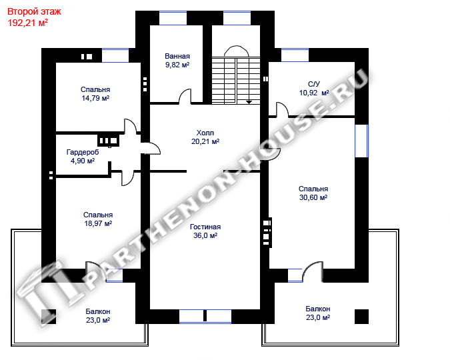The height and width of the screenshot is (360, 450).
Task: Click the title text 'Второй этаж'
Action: pos(34,12)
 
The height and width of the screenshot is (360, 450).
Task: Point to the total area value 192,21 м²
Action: pos(27,23)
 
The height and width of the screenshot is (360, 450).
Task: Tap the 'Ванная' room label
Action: pos(177,56)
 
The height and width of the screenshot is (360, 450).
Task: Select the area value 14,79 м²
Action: pos(95,98)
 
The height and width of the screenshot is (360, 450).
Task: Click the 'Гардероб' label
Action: pos(83,152)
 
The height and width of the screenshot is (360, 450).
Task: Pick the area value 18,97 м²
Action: pos(98,223)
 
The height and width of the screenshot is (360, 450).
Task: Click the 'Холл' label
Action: pos(205,133)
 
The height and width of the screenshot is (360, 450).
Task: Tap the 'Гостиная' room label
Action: pos(205,227)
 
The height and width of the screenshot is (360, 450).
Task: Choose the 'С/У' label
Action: pos(314,84)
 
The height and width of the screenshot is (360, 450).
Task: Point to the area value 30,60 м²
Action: pos(313,197)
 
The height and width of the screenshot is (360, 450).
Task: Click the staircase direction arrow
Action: pos(249,102)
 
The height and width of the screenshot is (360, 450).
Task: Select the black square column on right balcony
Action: pos(361,317)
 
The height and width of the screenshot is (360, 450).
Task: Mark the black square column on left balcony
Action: pos(49,317)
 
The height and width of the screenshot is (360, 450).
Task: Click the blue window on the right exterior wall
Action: pos(361,141)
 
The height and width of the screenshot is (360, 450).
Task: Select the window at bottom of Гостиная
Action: pos(205,317)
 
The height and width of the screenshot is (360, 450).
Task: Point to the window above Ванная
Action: pos(173,18)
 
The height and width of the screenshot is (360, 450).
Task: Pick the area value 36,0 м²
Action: pos(205,236)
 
